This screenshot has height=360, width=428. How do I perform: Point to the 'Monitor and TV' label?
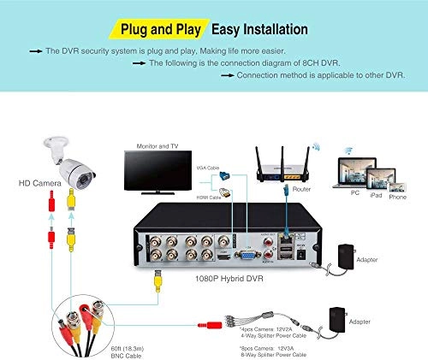152,146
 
